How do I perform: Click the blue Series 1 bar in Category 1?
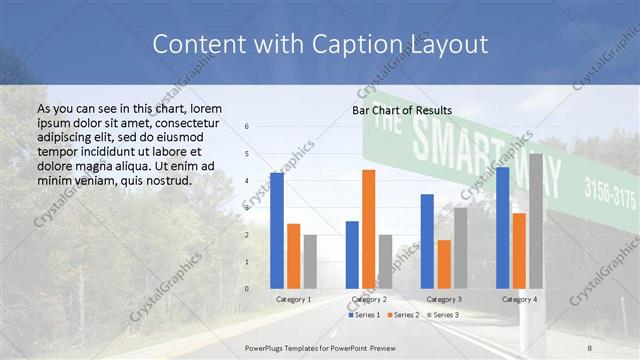277,231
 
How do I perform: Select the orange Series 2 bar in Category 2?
368,229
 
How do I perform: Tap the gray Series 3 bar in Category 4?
536,221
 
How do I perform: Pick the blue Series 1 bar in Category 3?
427,241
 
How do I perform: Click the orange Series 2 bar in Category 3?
443,264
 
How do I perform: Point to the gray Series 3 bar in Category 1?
310,262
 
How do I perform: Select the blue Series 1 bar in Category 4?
502,228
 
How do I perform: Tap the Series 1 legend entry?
363,315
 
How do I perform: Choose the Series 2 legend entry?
401,315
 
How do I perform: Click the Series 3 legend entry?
441,315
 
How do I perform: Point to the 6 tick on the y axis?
246,127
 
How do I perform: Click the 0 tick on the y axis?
246,289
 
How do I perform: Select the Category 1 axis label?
293,299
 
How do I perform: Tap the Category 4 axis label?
519,299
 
